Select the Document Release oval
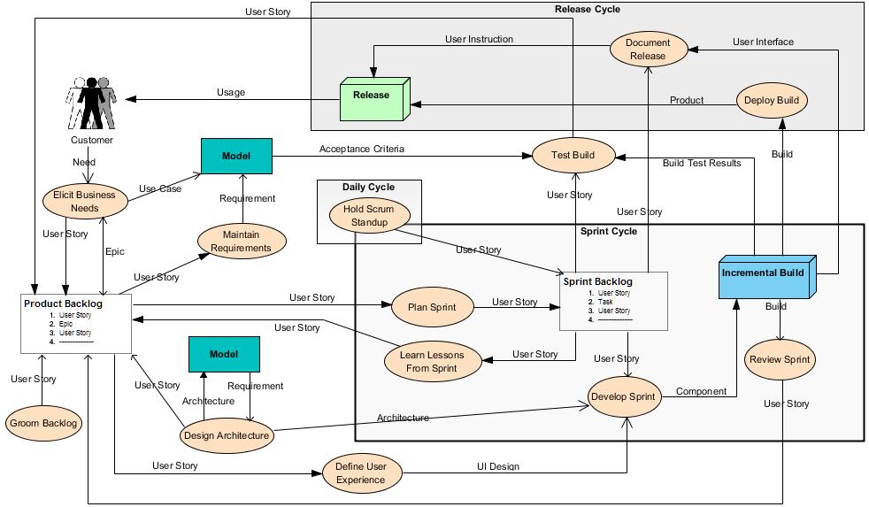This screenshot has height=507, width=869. click(649, 49)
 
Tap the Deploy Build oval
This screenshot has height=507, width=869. click(772, 100)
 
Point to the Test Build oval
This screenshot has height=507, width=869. click(573, 156)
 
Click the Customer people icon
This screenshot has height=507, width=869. click(92, 104)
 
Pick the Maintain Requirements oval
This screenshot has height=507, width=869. click(242, 242)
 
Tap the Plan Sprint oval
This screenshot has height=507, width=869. click(432, 307)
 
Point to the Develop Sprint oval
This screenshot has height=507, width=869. click(625, 396)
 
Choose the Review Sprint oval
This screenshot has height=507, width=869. click(780, 360)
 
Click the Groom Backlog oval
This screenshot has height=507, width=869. click(43, 423)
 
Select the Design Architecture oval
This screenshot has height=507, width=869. click(227, 435)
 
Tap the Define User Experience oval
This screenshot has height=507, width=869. click(361, 473)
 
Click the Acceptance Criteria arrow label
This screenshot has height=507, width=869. click(362, 149)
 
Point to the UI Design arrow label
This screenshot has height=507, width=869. click(498, 466)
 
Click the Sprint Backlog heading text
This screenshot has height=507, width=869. click(598, 281)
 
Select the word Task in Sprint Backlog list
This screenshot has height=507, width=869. click(605, 302)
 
